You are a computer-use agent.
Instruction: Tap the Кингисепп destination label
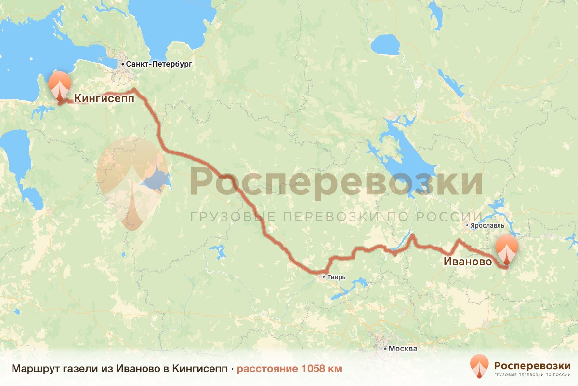104,98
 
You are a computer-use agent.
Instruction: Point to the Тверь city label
336,277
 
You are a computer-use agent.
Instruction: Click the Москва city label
403,348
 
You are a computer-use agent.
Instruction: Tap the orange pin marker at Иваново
507,249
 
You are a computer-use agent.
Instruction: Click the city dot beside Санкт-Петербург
123,64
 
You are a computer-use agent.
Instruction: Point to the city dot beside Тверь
324,277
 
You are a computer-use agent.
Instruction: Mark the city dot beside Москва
385,348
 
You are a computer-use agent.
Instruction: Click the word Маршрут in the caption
34,369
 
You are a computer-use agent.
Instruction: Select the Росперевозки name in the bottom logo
532,365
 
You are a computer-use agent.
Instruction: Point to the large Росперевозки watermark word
336,181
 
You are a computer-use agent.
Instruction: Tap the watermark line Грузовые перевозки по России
336,216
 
